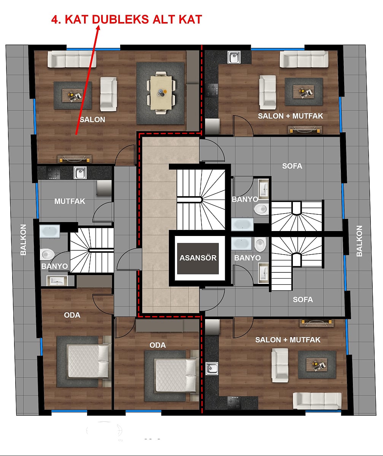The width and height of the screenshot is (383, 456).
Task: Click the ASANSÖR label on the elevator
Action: tap(198, 258)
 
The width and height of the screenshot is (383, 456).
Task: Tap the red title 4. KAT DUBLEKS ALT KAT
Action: tap(127, 19)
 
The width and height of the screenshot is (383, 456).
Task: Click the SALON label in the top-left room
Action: tap(92, 119)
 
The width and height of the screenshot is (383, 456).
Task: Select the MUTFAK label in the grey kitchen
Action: tap(70, 201)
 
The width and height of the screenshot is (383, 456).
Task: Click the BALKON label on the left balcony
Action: tap(23, 239)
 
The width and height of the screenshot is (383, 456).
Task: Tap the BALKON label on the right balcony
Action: tap(359, 241)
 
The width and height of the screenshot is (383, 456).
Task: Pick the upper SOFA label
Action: tap(292, 166)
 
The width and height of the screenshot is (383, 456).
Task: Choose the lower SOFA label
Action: tap(303, 299)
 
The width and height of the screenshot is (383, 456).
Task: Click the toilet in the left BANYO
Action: tap(47, 254)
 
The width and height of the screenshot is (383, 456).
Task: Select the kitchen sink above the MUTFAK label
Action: tap(80, 173)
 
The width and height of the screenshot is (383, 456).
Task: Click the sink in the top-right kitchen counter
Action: tap(234, 57)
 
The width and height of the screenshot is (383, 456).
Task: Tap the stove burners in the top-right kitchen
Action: tap(212, 90)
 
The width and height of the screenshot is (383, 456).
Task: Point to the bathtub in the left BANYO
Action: tap(49, 231)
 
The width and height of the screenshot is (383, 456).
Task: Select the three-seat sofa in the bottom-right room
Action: tap(317, 401)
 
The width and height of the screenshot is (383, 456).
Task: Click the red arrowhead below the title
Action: tap(98, 28)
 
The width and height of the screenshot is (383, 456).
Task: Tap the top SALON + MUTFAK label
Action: tap(290, 116)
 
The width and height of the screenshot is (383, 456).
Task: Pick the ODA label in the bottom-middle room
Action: tap(157, 345)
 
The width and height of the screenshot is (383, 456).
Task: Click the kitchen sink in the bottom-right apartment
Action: tap(211, 369)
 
